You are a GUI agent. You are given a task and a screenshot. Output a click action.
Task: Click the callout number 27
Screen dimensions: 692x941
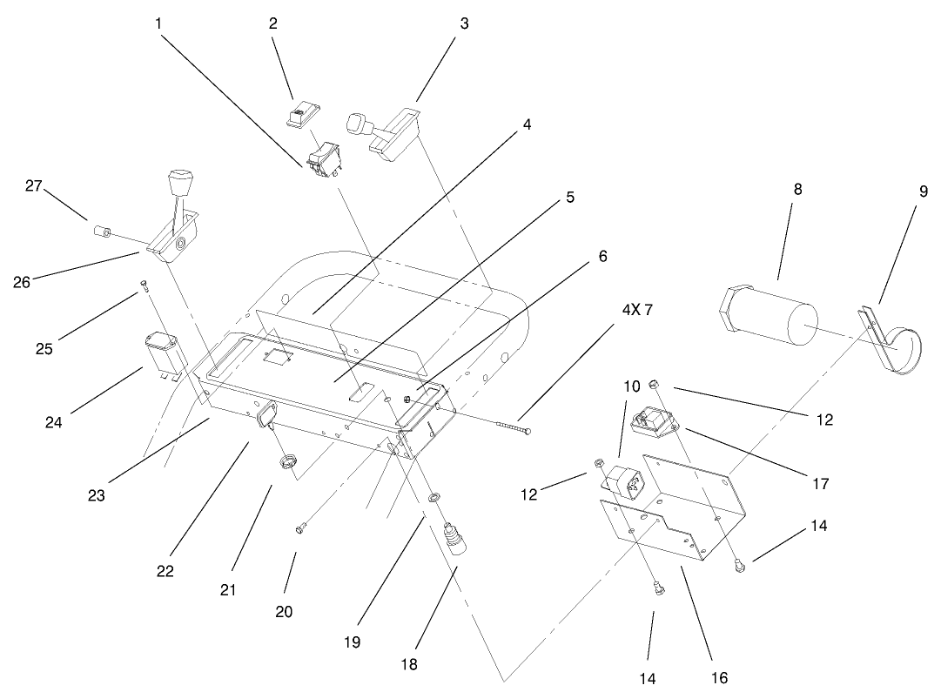[33, 185]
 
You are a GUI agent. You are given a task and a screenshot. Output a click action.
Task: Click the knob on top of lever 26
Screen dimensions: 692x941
[179, 184]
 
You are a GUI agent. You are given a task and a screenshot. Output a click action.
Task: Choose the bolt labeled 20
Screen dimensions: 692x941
[301, 526]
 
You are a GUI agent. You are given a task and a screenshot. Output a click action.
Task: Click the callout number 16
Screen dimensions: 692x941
[719, 677]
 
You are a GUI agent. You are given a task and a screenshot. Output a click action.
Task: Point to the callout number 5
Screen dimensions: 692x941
[569, 198]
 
